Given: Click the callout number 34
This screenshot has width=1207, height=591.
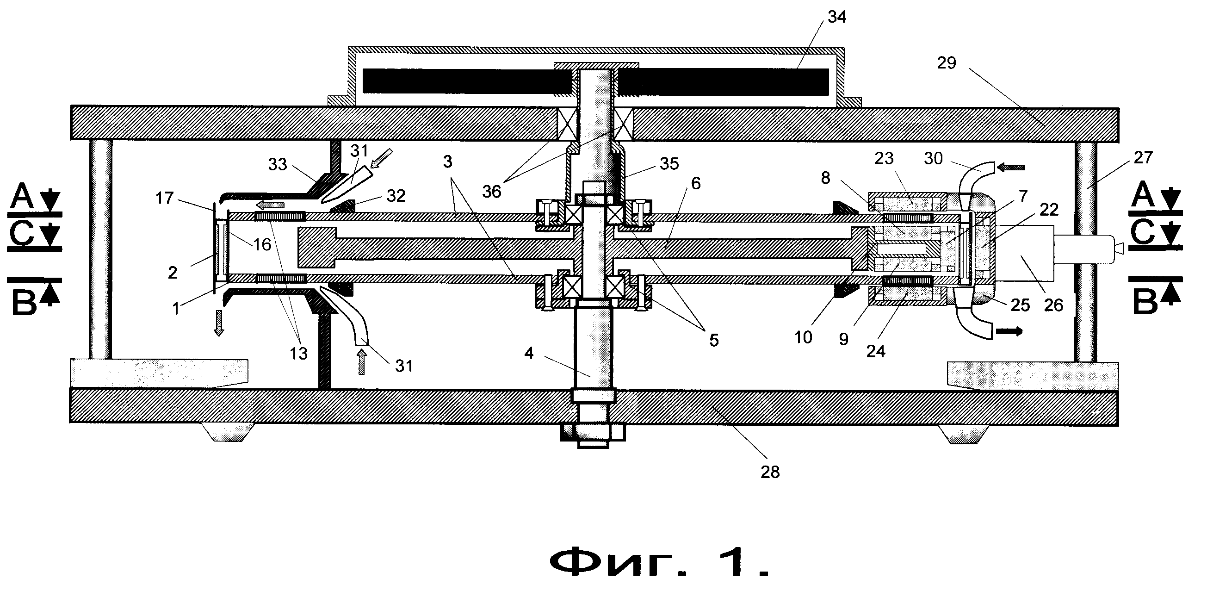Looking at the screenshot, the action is (837, 17).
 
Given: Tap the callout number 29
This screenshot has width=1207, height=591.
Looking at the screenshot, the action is (947, 63).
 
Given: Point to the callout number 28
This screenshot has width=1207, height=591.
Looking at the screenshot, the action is (770, 472).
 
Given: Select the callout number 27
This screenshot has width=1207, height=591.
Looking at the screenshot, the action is (1143, 157).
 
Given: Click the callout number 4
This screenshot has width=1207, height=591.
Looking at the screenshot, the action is (529, 353).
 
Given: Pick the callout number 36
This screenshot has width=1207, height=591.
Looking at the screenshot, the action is (491, 191).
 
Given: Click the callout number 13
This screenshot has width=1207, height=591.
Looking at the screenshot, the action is (298, 353).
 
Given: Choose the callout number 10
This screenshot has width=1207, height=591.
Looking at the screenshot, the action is (803, 337).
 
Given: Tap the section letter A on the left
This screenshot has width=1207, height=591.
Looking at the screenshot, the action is (22, 196).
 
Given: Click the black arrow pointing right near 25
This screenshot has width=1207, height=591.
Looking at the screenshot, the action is (1009, 331).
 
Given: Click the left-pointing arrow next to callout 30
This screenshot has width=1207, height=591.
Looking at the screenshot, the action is (1011, 167).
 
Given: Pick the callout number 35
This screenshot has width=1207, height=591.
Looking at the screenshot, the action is (669, 163).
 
